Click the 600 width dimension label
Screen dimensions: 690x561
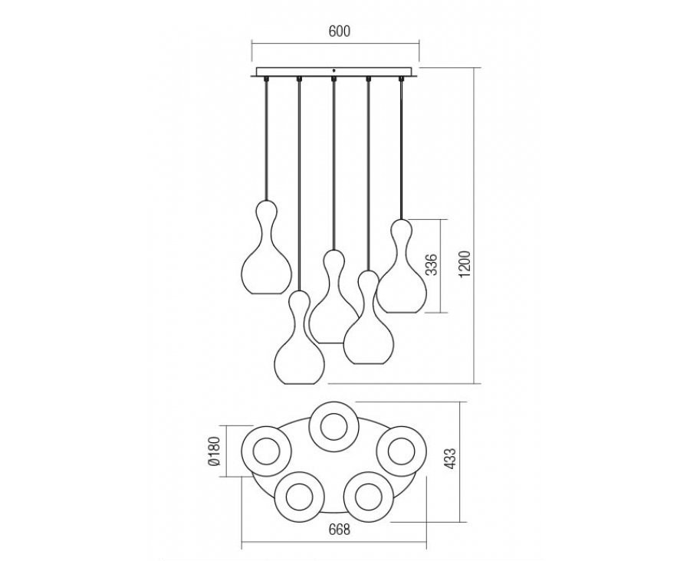click(x=340, y=31)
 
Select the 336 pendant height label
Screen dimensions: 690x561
click(x=433, y=264)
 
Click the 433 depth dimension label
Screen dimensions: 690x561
click(x=452, y=459)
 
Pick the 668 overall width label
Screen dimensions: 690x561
click(x=339, y=530)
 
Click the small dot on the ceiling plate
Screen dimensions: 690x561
click(x=334, y=71)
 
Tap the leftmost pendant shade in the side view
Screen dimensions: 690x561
click(x=267, y=247)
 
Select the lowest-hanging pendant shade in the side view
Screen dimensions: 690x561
click(x=300, y=337)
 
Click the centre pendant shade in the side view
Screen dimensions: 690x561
click(x=333, y=297)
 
